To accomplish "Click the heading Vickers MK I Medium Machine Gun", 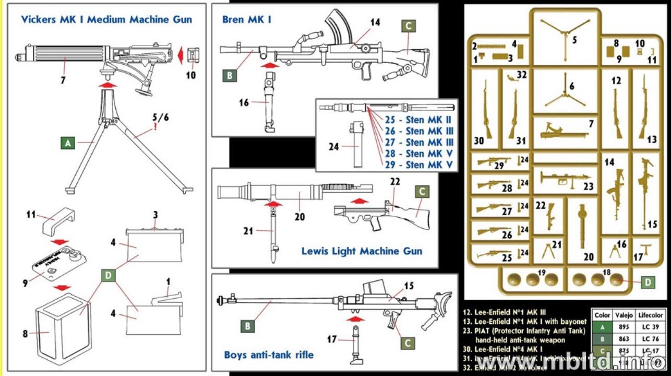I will (x=106, y=20).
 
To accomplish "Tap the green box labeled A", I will (x=68, y=142).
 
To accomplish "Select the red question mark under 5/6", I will (x=155, y=127).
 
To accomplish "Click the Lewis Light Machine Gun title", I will (x=362, y=251).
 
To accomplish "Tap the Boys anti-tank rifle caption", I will (x=269, y=355).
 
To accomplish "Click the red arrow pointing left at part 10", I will (x=177, y=54).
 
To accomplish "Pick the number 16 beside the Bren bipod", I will (x=244, y=103).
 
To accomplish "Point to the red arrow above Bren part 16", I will (x=270, y=66).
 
